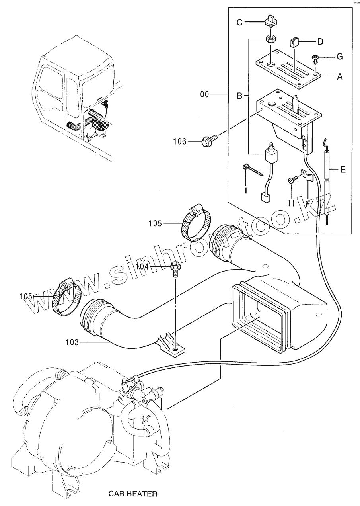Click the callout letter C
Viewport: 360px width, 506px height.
pos(239,22)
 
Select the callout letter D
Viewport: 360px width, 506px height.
pos(320,41)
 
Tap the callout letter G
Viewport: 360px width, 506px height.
pos(340,57)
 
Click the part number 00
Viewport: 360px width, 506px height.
pos(205,95)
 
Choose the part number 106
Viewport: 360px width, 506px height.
pos(179,141)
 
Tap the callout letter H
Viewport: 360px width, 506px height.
pos(291,203)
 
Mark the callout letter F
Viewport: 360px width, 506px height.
pos(307,203)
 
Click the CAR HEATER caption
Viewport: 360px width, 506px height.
pos(133,494)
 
